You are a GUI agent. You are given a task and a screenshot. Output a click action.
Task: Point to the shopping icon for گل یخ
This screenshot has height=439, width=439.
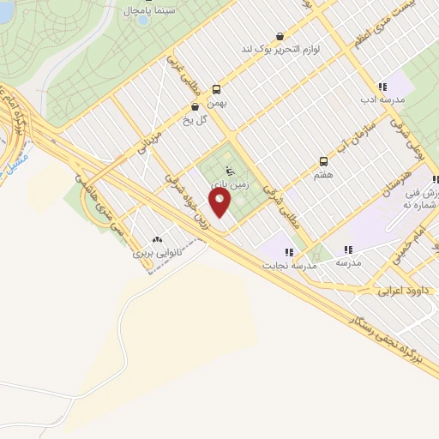[x=195, y=107]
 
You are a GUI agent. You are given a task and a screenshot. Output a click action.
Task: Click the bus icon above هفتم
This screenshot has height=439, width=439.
[x=323, y=160]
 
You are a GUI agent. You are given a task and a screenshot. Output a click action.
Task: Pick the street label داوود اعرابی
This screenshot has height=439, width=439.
[x=406, y=291]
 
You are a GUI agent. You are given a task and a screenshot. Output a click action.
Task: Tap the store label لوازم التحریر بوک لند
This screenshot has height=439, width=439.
[x=277, y=50]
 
